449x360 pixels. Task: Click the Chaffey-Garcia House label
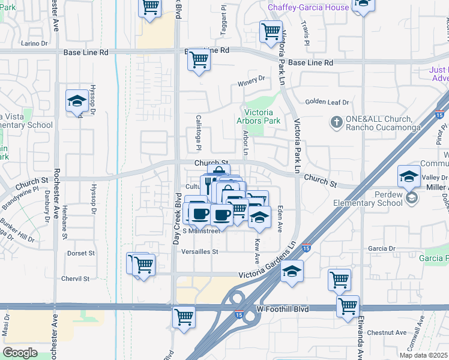coord(308,7)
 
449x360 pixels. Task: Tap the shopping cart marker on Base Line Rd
coord(199,60)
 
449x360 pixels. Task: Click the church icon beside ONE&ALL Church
coord(336,123)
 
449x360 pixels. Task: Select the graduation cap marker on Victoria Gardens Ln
coord(292,272)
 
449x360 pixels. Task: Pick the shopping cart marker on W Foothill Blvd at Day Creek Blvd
coord(184,316)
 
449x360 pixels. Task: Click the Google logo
coord(20,352)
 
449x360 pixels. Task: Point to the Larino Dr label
coord(34,43)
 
